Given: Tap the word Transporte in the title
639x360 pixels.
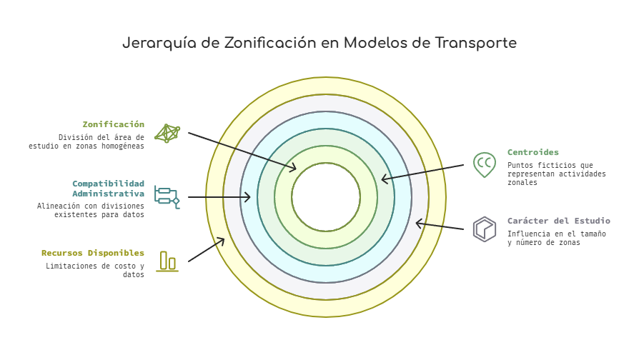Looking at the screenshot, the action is [x=475, y=43].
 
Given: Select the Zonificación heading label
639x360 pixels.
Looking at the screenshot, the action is [x=114, y=124].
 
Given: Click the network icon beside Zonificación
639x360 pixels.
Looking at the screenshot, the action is [x=167, y=133].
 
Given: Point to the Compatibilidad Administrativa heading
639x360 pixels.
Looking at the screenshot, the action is [x=109, y=188].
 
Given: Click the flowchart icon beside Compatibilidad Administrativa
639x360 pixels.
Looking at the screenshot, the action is [x=167, y=197].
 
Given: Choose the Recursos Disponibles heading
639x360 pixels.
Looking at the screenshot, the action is [x=93, y=253].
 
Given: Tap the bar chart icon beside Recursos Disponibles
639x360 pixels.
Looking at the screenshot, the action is [x=167, y=261].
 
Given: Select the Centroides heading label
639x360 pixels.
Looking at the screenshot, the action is [x=533, y=152].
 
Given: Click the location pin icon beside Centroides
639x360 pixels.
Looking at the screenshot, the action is [x=484, y=165].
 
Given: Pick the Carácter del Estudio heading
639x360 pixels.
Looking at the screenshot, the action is [x=559, y=221].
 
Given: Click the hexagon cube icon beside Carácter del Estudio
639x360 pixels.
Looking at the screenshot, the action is [x=484, y=229].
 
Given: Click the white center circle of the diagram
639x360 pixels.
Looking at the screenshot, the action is [x=326, y=197].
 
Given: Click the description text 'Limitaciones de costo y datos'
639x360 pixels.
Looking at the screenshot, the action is [x=95, y=270].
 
